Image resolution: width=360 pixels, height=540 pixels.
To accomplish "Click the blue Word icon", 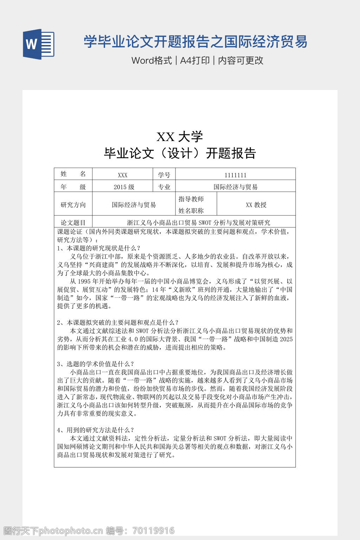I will (x=38, y=44).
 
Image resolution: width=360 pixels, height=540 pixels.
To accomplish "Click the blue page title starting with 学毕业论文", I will (x=195, y=42).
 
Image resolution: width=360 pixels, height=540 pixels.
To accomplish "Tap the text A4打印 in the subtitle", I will (x=195, y=60).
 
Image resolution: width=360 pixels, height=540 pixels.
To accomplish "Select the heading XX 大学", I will (x=180, y=136).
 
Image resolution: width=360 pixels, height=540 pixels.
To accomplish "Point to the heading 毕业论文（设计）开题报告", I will (x=180, y=153).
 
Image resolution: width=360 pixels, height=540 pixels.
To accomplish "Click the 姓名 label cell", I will (x=73, y=174).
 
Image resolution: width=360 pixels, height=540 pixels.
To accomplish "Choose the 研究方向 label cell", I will (x=73, y=205).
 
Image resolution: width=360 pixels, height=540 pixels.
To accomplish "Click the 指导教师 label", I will (x=191, y=199).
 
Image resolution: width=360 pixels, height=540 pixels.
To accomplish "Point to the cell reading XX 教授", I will (x=256, y=205).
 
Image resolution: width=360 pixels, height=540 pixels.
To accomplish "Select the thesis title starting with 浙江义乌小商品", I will (x=198, y=223).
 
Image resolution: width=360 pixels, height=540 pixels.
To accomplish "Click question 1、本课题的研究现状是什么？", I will (x=98, y=248).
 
